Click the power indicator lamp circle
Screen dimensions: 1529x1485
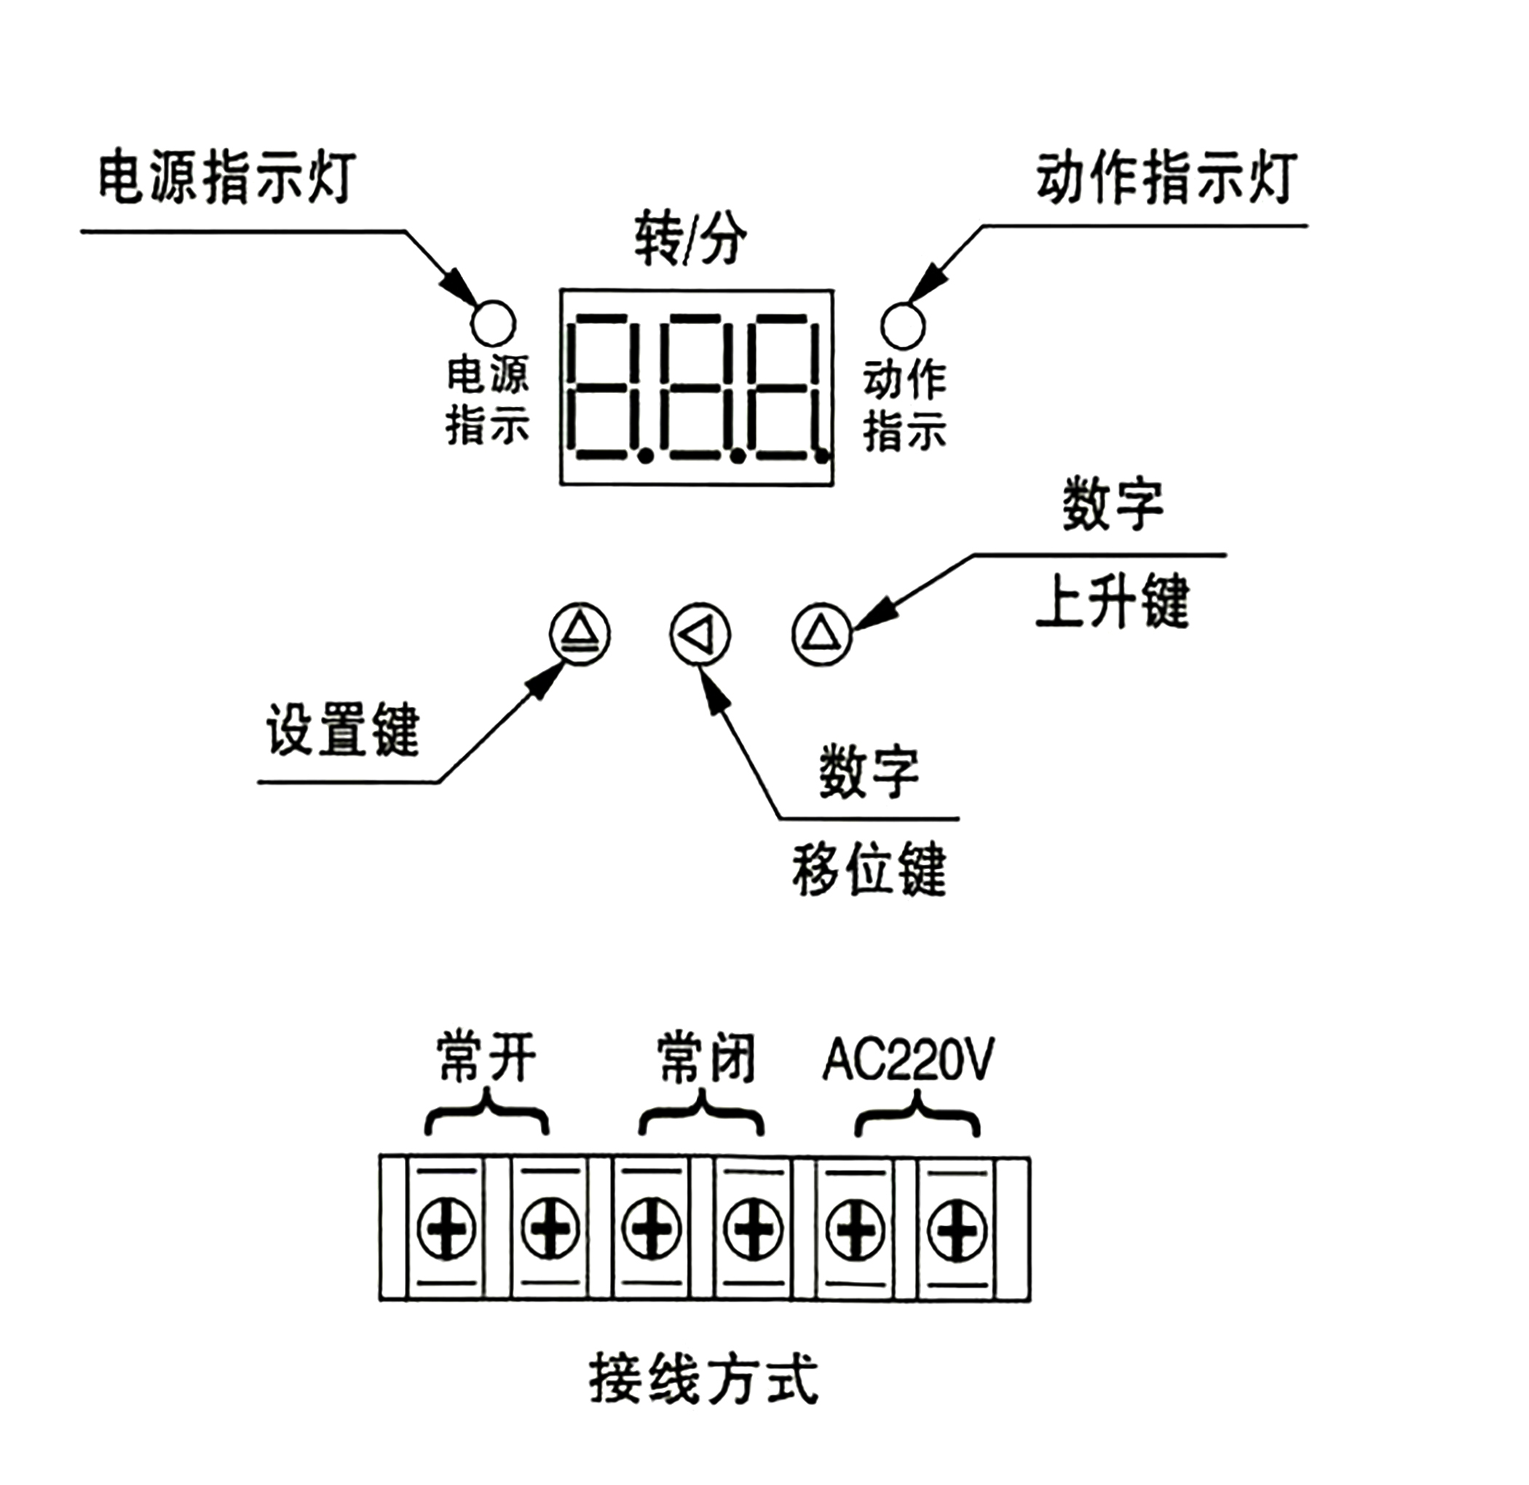(493, 323)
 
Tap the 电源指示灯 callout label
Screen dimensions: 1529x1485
(227, 178)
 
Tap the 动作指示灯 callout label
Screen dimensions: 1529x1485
(1167, 177)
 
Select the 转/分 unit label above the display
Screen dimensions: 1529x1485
(690, 239)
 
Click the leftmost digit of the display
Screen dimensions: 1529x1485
(608, 387)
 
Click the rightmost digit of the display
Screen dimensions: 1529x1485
(786, 387)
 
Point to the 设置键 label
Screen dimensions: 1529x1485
(343, 730)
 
